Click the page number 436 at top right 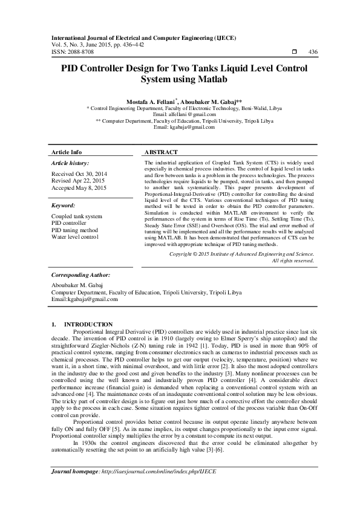click(313, 53)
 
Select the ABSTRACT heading click(162, 152)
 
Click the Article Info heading click(67, 152)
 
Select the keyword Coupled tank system click(77, 216)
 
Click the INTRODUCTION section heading click(88, 325)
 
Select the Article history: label click(70, 163)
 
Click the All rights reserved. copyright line click(293, 261)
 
